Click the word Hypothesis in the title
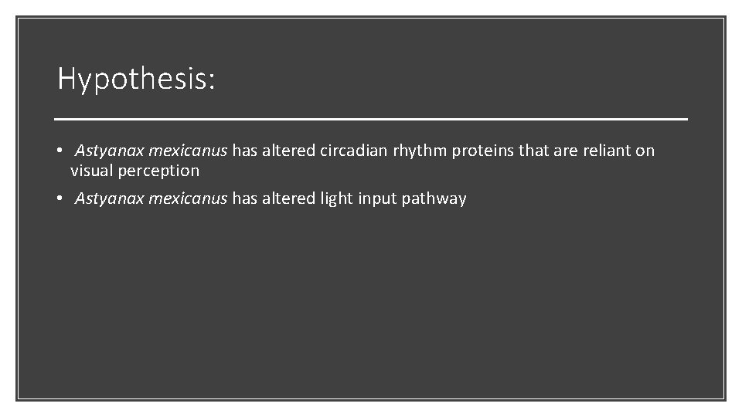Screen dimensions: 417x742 tap(131, 79)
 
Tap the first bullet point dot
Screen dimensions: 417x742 tap(60, 151)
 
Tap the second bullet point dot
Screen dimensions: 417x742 tap(60, 199)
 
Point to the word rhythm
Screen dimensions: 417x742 tap(420, 151)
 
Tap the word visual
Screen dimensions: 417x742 tap(92, 170)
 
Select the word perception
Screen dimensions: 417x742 tap(158, 171)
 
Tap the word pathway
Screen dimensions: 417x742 tap(434, 199)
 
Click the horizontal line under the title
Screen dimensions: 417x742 tap(371, 120)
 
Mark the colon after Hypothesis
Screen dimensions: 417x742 tap(211, 82)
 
